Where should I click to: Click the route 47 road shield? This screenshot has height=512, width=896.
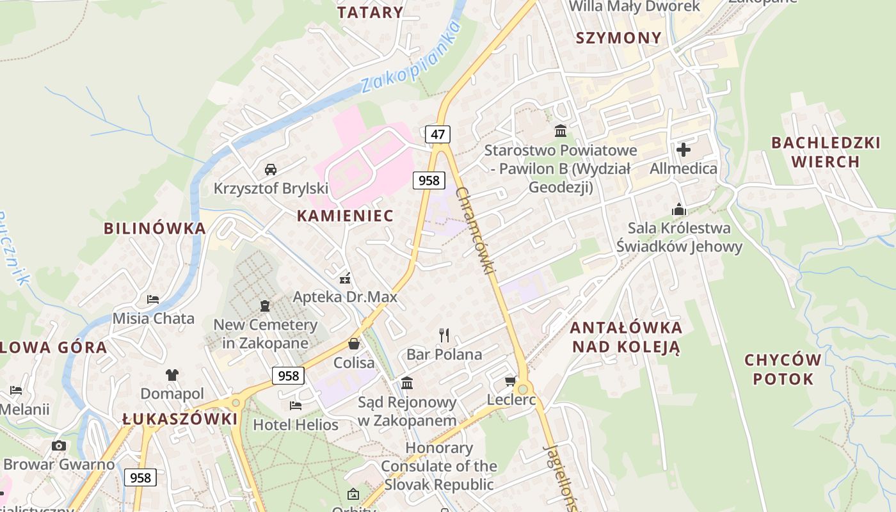[438, 134]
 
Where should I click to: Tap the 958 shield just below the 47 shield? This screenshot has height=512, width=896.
[428, 180]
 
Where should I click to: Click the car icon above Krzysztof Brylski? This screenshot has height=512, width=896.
[271, 170]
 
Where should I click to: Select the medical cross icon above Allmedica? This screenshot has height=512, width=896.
[684, 150]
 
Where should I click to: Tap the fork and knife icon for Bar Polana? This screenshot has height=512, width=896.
[444, 335]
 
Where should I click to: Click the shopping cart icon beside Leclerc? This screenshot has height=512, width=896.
[510, 381]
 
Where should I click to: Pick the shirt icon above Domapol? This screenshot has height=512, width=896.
[172, 375]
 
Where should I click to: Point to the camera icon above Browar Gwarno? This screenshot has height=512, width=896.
[59, 445]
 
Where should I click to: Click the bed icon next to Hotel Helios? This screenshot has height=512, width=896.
[296, 406]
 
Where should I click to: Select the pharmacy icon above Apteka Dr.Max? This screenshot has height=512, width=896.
[345, 278]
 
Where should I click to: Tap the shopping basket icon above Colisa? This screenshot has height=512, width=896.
[354, 344]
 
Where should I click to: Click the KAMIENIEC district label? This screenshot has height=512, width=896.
[345, 216]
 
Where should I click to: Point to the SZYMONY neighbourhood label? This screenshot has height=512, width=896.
[618, 38]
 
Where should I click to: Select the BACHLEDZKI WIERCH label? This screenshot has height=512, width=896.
[826, 152]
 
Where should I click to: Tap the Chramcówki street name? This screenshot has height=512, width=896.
[476, 230]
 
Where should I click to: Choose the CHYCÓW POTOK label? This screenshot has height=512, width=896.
[792, 369]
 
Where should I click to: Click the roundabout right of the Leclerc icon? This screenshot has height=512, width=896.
[524, 388]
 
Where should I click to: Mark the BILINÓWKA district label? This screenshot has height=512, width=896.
[155, 228]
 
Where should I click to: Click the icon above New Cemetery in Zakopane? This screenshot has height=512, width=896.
[265, 305]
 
